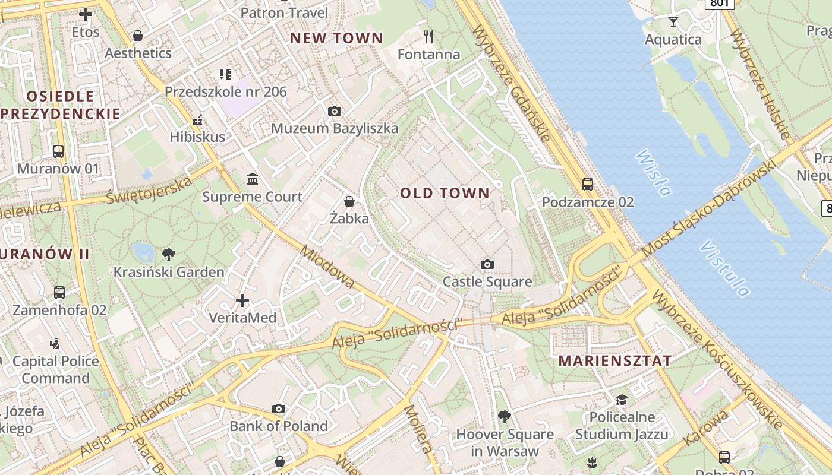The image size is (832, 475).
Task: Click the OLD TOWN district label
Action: (445, 193)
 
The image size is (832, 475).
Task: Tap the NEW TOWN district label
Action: (336, 38)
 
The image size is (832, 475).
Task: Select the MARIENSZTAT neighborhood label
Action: (615, 360)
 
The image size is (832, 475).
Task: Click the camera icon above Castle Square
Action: (487, 264)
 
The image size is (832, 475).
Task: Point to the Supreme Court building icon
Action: (253, 179)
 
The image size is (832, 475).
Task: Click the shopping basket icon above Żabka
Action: (349, 201)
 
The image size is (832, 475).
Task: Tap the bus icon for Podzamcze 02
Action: (588, 185)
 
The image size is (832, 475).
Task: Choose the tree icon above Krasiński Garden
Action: (169, 255)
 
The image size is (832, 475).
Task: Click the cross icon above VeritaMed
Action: (242, 300)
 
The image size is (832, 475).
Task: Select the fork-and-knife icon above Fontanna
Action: (428, 37)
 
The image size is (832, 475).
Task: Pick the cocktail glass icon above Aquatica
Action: (673, 23)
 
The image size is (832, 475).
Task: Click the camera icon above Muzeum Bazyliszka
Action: (335, 111)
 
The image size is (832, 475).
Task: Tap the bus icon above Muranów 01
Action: (58, 151)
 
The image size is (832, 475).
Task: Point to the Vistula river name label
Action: (725, 268)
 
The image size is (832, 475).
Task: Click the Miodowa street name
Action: (327, 267)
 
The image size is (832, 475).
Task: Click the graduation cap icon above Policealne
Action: (622, 400)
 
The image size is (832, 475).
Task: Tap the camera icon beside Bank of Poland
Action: (279, 408)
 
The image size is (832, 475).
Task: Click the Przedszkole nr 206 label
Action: (225, 92)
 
